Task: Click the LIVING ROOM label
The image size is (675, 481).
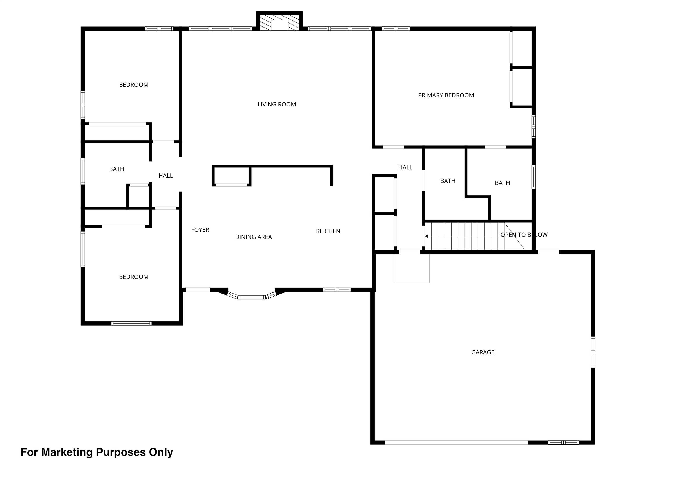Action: tap(277, 104)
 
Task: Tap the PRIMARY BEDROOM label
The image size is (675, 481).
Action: tap(446, 95)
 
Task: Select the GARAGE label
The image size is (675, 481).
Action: tap(483, 352)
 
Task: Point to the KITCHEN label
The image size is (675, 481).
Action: tap(328, 231)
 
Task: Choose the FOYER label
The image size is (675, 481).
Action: tap(200, 230)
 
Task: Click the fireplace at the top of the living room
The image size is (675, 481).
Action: tap(279, 21)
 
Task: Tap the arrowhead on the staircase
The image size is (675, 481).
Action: tap(426, 236)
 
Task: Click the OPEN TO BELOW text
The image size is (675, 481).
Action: tap(524, 235)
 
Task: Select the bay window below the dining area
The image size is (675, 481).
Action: tap(252, 296)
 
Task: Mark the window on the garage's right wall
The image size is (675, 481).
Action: tap(593, 352)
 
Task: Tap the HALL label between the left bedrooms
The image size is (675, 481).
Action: tap(166, 176)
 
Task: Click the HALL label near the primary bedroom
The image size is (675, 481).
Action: tap(405, 168)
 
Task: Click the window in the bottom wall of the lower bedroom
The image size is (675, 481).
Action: tap(131, 323)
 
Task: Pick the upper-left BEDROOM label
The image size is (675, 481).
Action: tap(134, 85)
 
